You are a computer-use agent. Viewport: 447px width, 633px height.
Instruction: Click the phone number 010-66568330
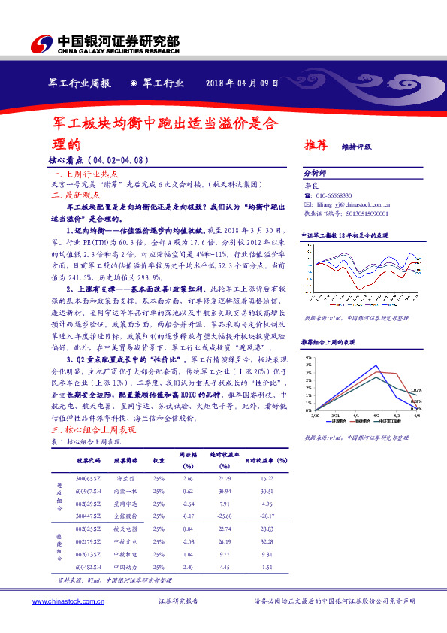point(334,193)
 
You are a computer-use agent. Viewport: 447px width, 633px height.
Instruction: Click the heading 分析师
point(314,171)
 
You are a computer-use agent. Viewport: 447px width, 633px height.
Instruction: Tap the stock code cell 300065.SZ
point(88,478)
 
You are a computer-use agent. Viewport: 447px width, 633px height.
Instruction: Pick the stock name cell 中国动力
point(125,566)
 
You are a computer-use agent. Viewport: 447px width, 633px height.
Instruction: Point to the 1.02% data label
point(415,390)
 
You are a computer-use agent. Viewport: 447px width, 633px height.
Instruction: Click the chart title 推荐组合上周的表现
point(328,342)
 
